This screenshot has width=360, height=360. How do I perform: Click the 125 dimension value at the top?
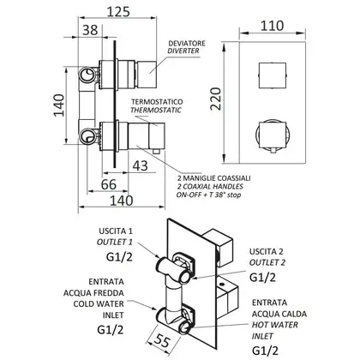118,12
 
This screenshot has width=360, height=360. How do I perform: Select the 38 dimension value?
90,30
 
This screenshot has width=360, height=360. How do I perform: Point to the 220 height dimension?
216,99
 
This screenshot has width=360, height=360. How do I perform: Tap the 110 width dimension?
272,26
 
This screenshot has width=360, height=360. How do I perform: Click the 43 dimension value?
141,165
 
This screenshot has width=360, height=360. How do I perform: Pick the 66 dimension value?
109,184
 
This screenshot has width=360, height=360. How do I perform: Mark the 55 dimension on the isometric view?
162,340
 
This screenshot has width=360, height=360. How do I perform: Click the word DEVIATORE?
187,44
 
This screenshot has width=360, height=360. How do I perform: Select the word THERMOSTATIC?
156,110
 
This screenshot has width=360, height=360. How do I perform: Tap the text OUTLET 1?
115,242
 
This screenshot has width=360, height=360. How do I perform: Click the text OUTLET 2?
267,262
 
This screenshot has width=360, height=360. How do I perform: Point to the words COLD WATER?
99,303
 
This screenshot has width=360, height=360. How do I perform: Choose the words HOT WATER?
275,325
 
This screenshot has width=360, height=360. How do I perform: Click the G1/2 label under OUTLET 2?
262,278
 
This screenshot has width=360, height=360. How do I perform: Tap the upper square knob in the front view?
273,75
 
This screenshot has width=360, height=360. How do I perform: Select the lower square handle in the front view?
273,135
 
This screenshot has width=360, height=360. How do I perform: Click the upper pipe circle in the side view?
87,75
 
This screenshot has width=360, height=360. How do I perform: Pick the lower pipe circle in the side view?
87,136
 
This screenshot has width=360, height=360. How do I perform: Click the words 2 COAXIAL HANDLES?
210,187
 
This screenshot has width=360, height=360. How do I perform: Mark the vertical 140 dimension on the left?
59,105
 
